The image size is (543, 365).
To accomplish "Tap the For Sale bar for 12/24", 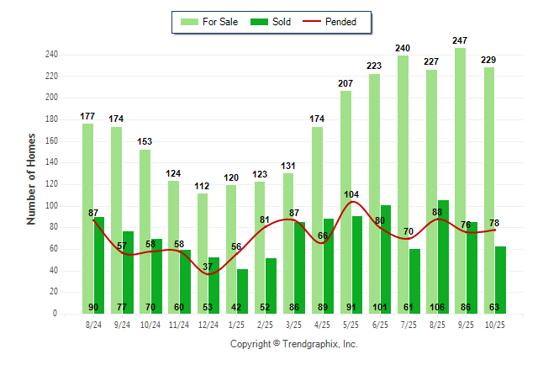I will point(203,253).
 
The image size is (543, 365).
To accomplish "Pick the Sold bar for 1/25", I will point(242,291).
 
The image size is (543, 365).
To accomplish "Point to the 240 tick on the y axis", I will point(52,55).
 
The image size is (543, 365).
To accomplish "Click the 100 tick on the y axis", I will point(52,206).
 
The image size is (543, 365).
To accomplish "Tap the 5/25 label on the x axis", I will point(351,325).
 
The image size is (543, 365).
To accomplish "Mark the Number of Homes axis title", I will point(31,178).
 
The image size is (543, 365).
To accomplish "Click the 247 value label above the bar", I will point(460,40).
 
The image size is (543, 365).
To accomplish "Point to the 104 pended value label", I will point(351,194).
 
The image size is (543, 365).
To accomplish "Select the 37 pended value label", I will point(208,267).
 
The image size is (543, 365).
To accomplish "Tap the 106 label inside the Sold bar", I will point(443,307).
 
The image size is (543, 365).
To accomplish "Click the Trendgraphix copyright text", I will point(294,344).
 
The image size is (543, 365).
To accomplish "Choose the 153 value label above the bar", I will point(145,142).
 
